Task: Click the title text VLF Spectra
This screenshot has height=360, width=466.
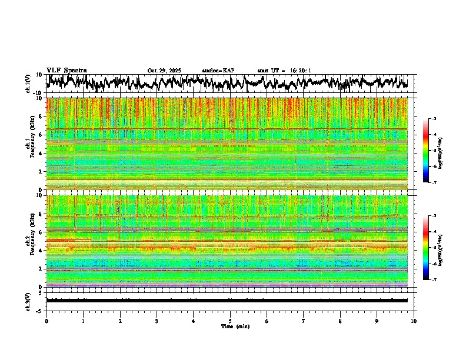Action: (66, 71)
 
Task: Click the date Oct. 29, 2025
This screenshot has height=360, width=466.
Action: (164, 71)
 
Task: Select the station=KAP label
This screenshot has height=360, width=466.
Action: (218, 71)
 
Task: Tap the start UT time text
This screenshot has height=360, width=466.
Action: (284, 71)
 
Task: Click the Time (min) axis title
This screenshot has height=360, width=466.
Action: (230, 326)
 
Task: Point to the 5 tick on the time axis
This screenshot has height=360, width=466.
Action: (230, 321)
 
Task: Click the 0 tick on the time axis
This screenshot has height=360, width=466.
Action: (46, 321)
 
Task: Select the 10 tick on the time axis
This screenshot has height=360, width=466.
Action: (414, 321)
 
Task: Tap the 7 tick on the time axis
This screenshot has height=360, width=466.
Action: (304, 321)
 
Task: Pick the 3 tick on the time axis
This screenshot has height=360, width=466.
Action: (157, 321)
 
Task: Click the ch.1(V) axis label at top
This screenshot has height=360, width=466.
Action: (28, 84)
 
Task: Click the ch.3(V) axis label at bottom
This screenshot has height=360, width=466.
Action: (28, 300)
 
